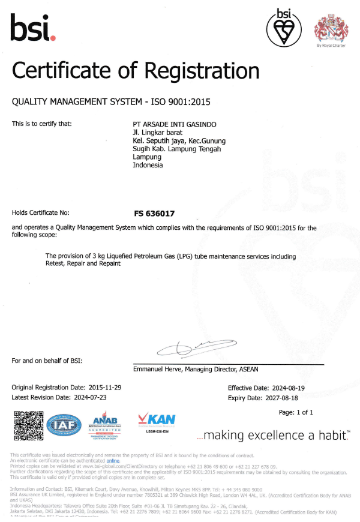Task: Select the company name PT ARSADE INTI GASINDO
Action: point(175,124)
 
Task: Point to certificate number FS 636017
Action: point(154,213)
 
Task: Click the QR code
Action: point(28,425)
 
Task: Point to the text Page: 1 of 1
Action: point(296,412)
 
